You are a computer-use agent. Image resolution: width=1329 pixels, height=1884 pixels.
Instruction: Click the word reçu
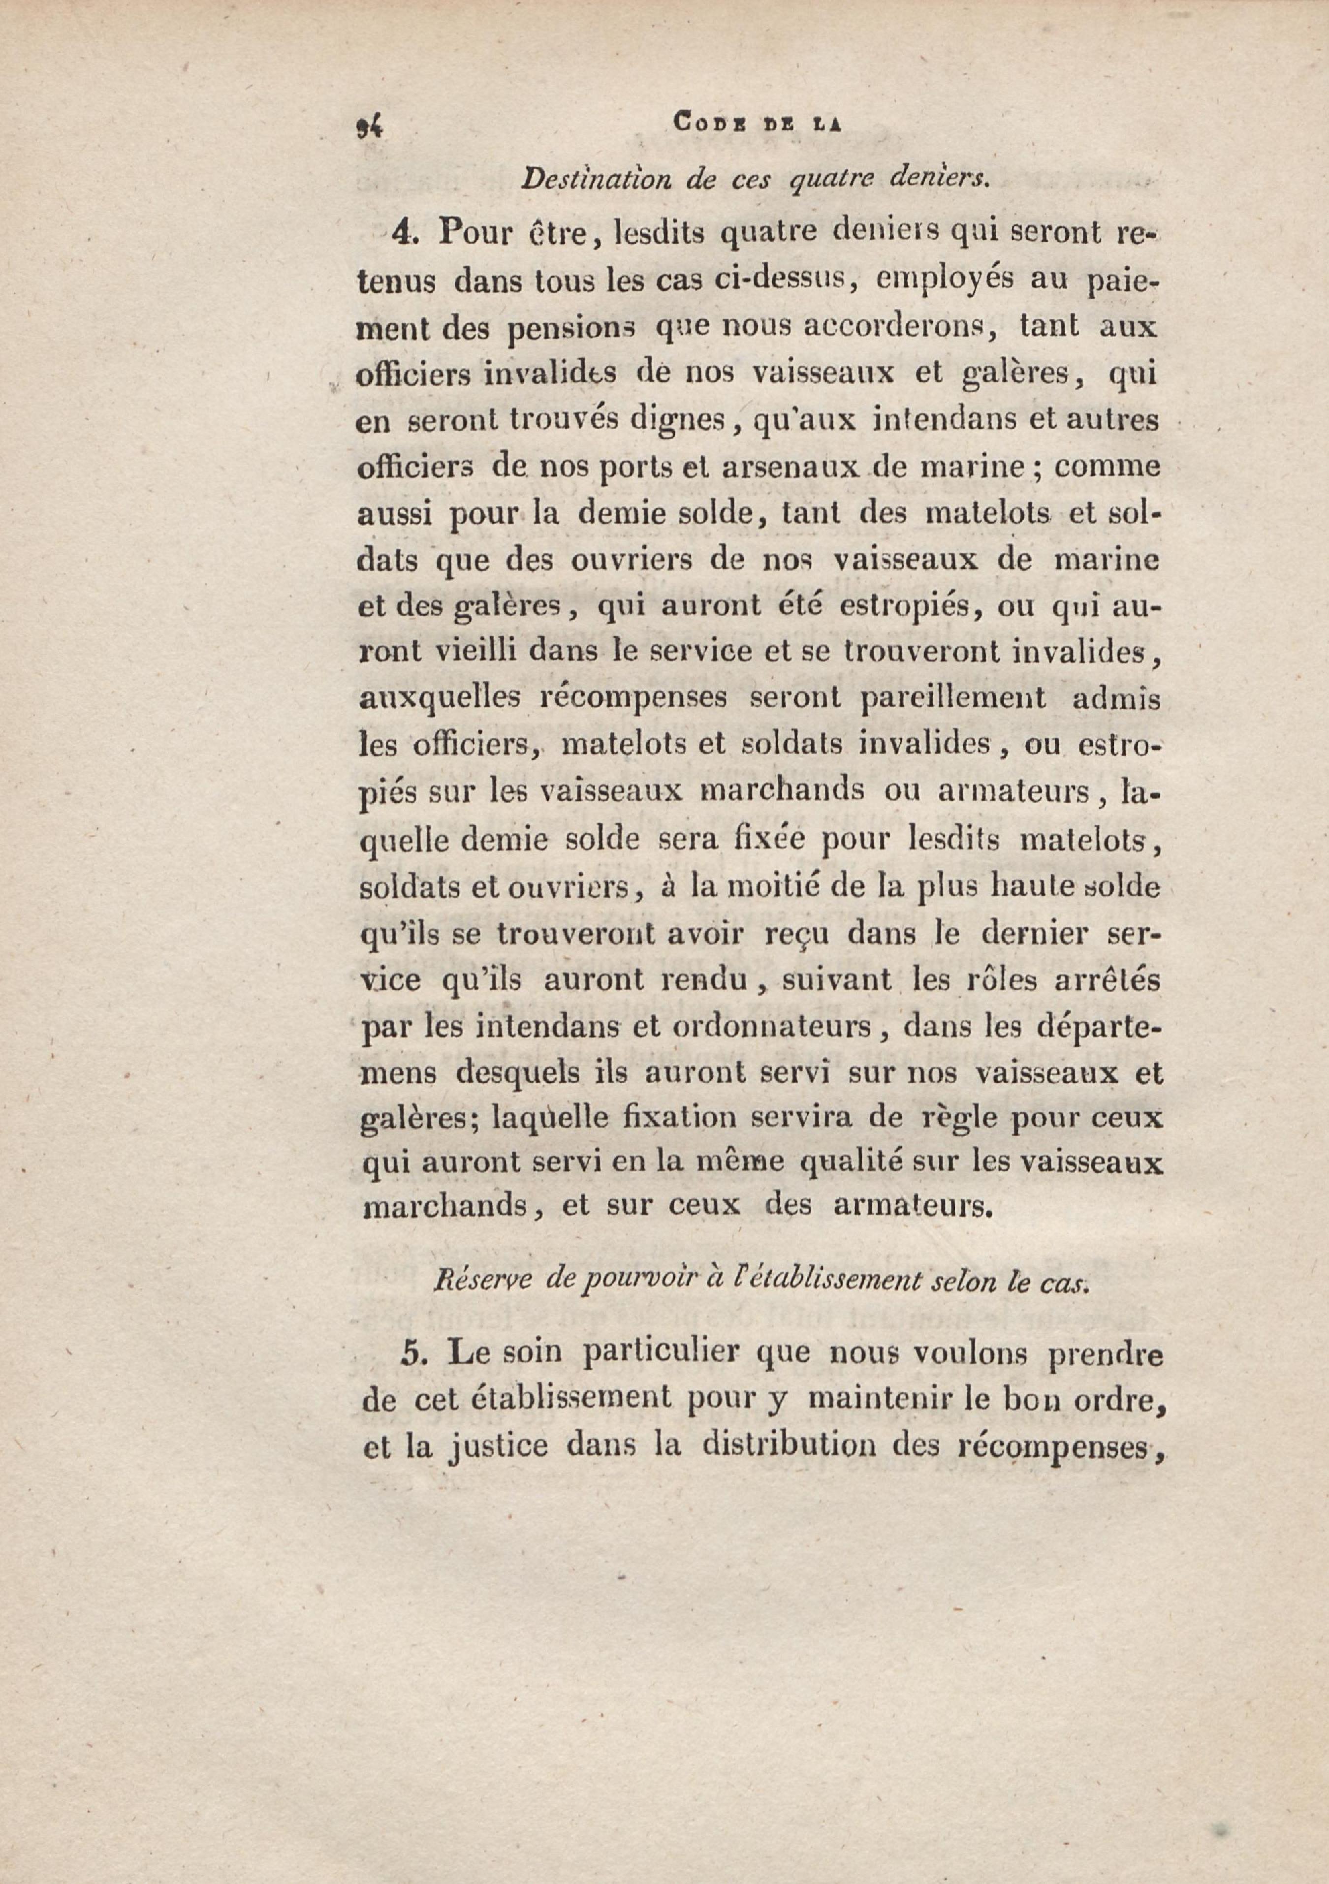[794, 935]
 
